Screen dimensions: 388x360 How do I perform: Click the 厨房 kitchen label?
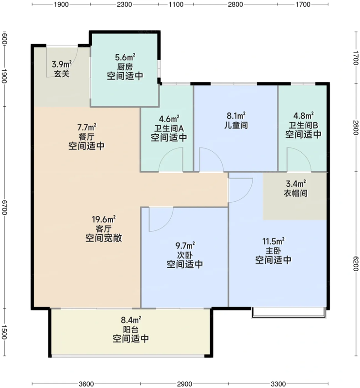(x=125, y=66)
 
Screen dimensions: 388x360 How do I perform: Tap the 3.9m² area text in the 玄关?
(x=62, y=64)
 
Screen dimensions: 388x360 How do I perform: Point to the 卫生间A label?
(x=169, y=128)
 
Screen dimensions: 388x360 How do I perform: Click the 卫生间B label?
(x=303, y=125)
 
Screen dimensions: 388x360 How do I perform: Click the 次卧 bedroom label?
(x=184, y=255)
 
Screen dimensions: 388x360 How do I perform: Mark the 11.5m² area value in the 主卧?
(x=273, y=241)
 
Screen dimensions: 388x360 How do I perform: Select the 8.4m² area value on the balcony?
(x=131, y=320)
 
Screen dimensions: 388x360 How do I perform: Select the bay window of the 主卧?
(x=288, y=313)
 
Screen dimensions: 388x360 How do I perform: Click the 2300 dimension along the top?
(x=125, y=4)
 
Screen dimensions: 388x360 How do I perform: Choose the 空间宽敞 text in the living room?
(x=103, y=238)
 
